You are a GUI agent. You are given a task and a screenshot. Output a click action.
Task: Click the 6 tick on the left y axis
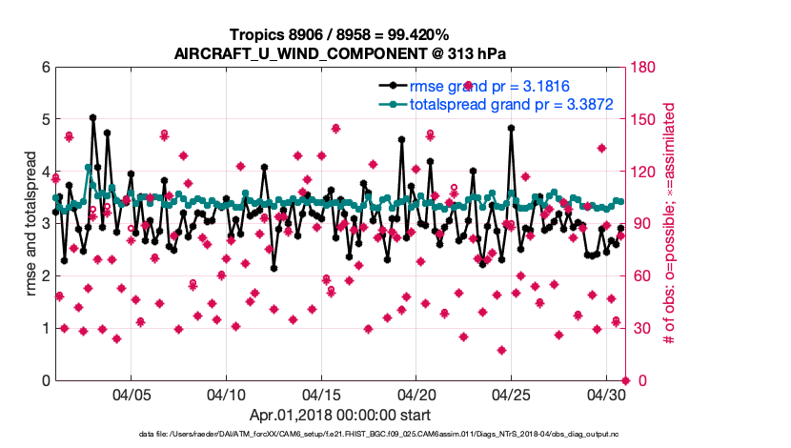point(45,68)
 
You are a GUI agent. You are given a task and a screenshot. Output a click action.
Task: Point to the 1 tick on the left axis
point(45,329)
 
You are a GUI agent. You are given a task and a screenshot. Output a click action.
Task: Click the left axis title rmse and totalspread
point(30,224)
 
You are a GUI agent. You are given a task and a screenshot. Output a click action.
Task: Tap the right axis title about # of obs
point(670,224)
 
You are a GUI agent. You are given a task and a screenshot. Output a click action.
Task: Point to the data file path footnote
point(396,436)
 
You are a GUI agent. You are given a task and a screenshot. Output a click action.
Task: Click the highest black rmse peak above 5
point(92,118)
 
